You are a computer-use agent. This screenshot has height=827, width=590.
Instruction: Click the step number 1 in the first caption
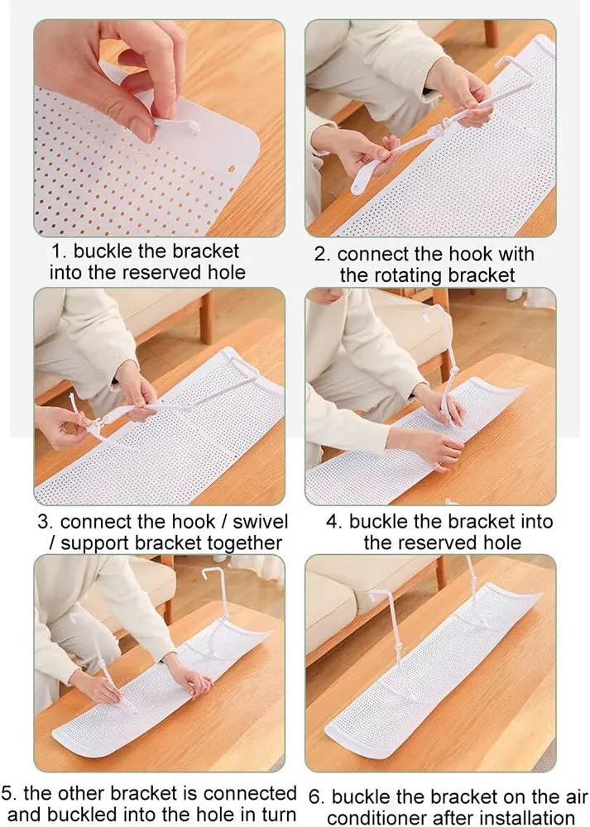click(59, 251)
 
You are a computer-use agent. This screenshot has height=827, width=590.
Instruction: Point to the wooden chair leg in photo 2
click(492, 34)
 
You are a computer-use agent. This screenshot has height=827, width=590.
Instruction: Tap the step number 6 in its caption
click(315, 796)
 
